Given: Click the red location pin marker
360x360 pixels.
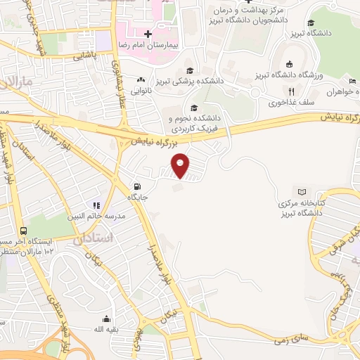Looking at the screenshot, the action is pos(181,165).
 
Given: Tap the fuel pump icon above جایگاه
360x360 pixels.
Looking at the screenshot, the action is pos(135,186).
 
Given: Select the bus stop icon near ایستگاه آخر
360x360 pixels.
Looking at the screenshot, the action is pos(24,231).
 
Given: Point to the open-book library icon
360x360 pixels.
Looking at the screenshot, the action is pos(302,192).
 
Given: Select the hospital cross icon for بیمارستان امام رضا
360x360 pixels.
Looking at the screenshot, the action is pos(148,34).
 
